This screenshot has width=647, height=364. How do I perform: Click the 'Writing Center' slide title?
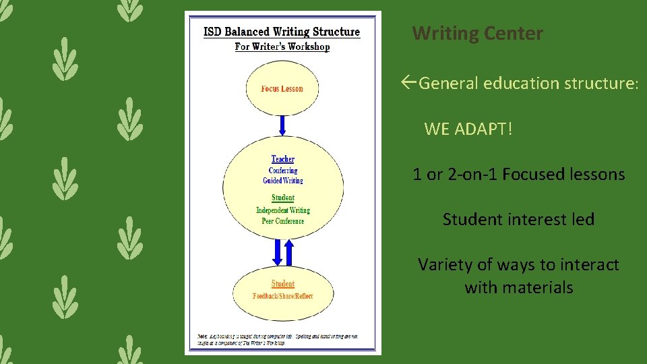[x=477, y=33]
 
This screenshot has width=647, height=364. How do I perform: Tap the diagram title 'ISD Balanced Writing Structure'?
[x=282, y=32]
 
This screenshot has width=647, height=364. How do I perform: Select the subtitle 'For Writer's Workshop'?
[x=282, y=47]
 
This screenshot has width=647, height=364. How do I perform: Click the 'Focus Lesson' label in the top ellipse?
[x=282, y=89]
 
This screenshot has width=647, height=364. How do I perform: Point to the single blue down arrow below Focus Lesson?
[x=282, y=125]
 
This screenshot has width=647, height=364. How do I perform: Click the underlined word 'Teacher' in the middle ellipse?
[x=283, y=159]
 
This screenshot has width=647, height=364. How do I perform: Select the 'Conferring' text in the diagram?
[x=283, y=171]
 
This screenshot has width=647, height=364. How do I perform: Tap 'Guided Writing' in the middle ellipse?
[x=283, y=181]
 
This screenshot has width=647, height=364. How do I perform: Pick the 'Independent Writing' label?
[x=283, y=210]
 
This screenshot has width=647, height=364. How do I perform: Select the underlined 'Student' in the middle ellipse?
[x=283, y=198]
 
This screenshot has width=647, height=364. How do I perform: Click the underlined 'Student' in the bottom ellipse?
[x=283, y=284]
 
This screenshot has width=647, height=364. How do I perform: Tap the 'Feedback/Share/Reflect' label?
[x=283, y=296]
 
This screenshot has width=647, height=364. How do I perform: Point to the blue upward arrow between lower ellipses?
[x=290, y=253]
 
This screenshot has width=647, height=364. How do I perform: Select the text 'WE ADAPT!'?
[x=468, y=129]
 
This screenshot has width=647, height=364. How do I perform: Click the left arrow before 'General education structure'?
[x=408, y=84]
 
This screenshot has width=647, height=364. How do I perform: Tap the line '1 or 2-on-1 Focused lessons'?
[x=519, y=175]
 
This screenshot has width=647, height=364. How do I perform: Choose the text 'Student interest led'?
[x=518, y=220]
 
